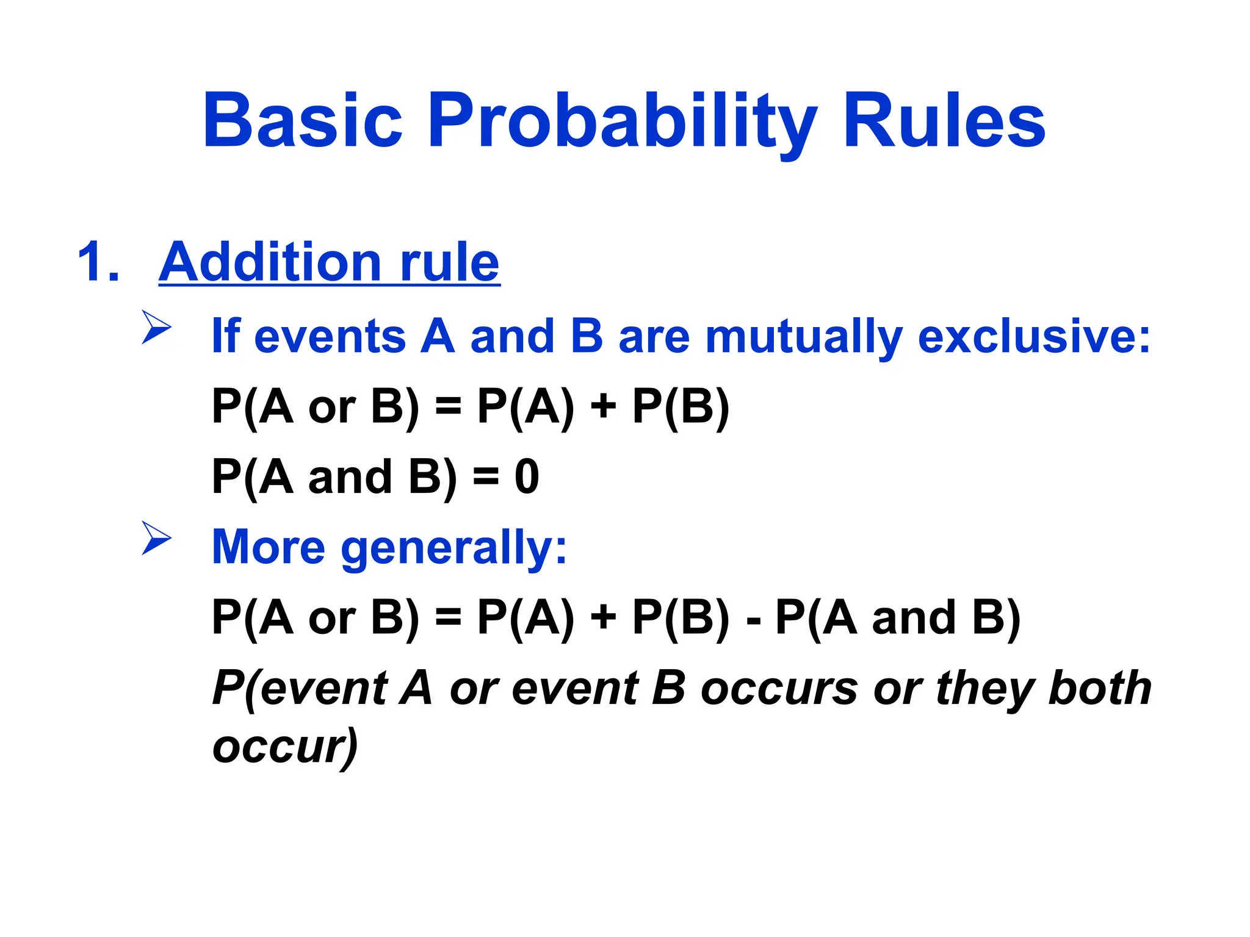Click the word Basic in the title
coord(302,120)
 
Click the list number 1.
coord(98,262)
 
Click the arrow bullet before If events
coord(156,327)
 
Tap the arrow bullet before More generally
coord(156,537)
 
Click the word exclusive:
coord(1034,337)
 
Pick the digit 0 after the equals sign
coord(527,476)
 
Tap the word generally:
coord(454,547)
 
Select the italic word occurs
coord(779,688)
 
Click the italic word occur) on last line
coord(285,746)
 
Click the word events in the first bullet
coord(330,337)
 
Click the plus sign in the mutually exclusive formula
coord(603,407)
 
